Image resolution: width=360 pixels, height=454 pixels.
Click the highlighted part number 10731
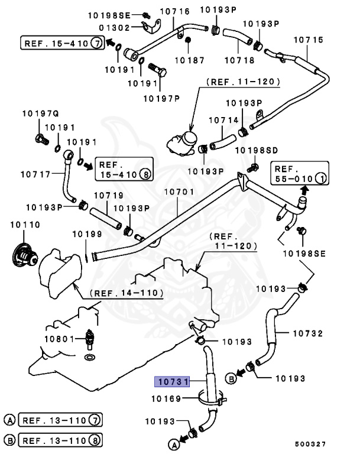[x=171, y=382]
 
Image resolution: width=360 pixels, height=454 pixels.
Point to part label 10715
[x=309, y=40]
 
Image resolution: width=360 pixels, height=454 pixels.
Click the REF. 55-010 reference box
[x=299, y=171]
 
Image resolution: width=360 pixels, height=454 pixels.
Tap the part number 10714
[x=223, y=119]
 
